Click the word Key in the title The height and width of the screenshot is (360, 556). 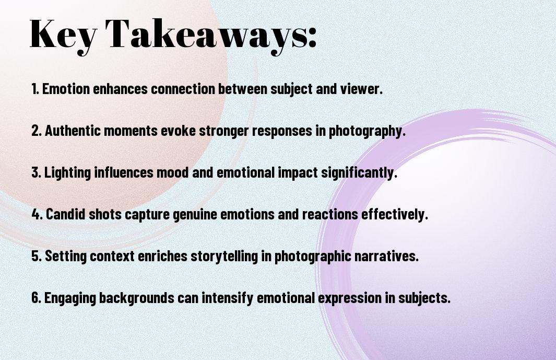(x=63, y=35)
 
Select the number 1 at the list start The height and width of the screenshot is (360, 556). (x=35, y=89)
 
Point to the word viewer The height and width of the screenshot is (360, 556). (x=361, y=89)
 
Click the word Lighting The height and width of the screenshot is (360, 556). (x=67, y=172)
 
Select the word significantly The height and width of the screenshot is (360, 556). (x=359, y=172)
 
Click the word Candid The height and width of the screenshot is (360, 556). (x=66, y=214)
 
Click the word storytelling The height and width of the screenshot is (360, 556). (x=224, y=256)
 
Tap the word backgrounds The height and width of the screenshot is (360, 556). (x=136, y=298)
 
